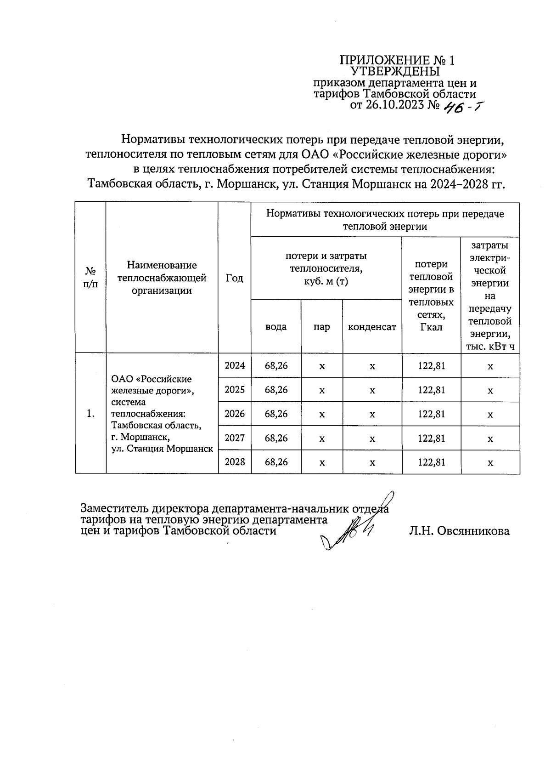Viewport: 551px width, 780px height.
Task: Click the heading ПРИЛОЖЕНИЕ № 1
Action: pyautogui.click(x=397, y=61)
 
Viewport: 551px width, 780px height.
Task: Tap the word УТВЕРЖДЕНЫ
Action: pyautogui.click(x=395, y=72)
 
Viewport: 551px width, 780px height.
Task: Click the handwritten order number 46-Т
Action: pyautogui.click(x=461, y=107)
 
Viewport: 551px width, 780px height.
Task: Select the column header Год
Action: pyautogui.click(x=235, y=278)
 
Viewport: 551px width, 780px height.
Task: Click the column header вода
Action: pyautogui.click(x=276, y=327)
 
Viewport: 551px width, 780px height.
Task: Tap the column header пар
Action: pyautogui.click(x=322, y=327)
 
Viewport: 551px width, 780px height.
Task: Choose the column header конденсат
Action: pyautogui.click(x=372, y=327)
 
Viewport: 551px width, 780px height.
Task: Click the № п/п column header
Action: pyautogui.click(x=90, y=278)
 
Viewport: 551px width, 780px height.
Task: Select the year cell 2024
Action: pyautogui.click(x=235, y=366)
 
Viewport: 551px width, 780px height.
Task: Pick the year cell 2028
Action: pyautogui.click(x=235, y=462)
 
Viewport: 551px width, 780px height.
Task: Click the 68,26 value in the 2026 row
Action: pyautogui.click(x=276, y=414)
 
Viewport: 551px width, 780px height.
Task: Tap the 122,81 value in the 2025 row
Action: pyautogui.click(x=431, y=390)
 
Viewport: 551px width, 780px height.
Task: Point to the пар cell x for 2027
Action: pyautogui.click(x=322, y=438)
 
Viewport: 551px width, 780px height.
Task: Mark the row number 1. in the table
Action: pyautogui.click(x=90, y=414)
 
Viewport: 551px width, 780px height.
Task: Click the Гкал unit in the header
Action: pyautogui.click(x=431, y=327)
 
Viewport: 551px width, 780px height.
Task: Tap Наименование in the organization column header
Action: pyautogui.click(x=162, y=265)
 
